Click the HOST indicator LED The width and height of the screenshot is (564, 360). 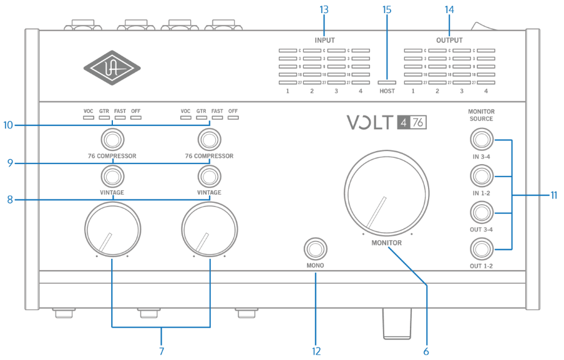[x=387, y=82]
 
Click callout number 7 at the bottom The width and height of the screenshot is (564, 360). [x=161, y=351]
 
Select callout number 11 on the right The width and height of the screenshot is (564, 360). [x=553, y=195]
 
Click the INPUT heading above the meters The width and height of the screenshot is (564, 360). [x=324, y=40]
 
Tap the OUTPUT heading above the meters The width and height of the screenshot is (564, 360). [x=449, y=40]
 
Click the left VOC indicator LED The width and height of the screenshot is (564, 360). [x=88, y=117]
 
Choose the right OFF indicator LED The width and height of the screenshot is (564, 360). [x=233, y=117]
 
